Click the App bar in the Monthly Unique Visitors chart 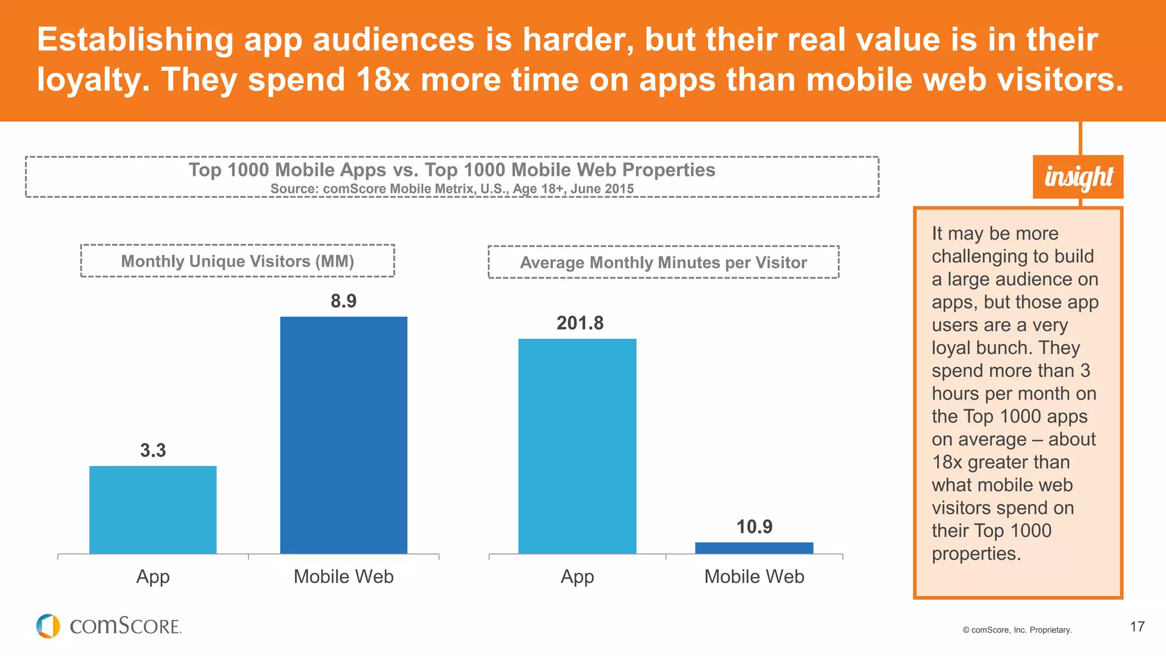pos(153,510)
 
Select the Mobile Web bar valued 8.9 pos(343,435)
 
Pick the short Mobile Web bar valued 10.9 pos(754,548)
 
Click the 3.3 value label pos(153,450)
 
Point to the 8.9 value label pos(343,301)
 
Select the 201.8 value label pos(580,323)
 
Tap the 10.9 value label pos(754,527)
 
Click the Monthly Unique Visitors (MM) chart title pos(237,261)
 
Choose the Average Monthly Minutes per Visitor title pos(663,263)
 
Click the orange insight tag pos(1078,177)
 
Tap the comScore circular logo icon pos(48,626)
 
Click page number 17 pos(1137,627)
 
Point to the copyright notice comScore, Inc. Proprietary pos(1017,630)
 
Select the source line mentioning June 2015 pos(451,189)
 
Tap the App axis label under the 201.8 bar pos(577,577)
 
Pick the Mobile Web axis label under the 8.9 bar pos(343,577)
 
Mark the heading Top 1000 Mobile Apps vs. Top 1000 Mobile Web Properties pos(451,170)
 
